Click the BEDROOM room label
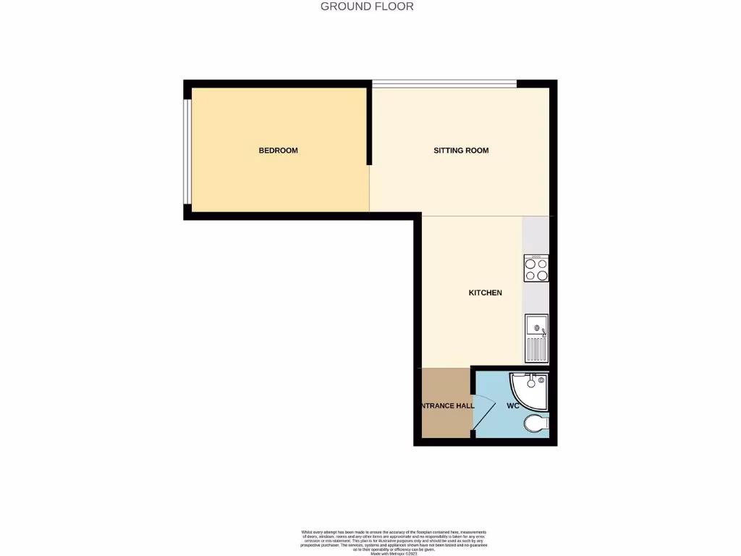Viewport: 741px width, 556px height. pyautogui.click(x=279, y=151)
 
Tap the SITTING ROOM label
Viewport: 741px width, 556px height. pyautogui.click(x=461, y=151)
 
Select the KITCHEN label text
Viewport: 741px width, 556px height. pyautogui.click(x=485, y=292)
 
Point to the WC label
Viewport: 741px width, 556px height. pyautogui.click(x=513, y=405)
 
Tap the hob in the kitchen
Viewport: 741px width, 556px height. pyautogui.click(x=536, y=269)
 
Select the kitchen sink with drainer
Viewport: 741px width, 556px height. pyautogui.click(x=536, y=338)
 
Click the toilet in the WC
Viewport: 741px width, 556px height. pyautogui.click(x=537, y=423)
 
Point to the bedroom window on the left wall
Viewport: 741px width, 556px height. pyautogui.click(x=187, y=151)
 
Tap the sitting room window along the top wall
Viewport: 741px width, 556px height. pyautogui.click(x=444, y=83)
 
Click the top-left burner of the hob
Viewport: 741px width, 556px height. pyautogui.click(x=530, y=264)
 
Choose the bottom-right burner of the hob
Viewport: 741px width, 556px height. pyautogui.click(x=542, y=275)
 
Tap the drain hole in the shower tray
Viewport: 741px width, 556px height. pyautogui.click(x=530, y=379)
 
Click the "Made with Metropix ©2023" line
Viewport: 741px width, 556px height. pyautogui.click(x=395, y=553)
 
